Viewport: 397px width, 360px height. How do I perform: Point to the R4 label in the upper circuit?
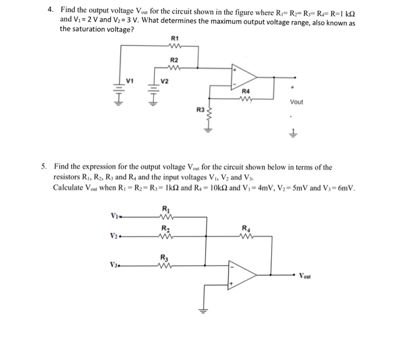tap(246, 91)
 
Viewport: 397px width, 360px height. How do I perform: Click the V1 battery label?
tap(130, 80)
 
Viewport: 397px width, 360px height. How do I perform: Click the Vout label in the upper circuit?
tap(296, 102)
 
